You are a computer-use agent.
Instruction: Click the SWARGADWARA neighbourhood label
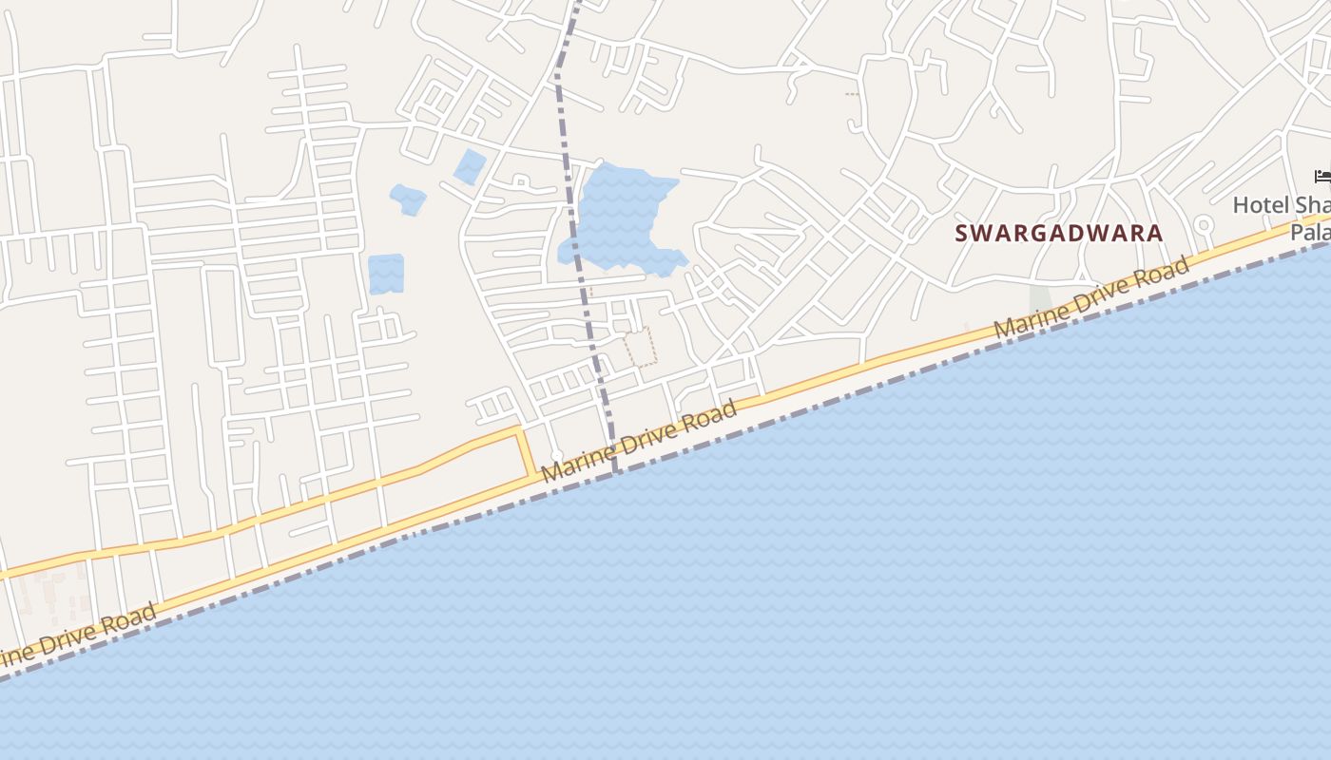pyautogui.click(x=1058, y=233)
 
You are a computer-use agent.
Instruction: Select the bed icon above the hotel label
pyautogui.click(x=1321, y=177)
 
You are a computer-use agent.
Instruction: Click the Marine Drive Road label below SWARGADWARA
pyautogui.click(x=1090, y=298)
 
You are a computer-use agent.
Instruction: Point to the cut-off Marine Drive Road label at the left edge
pyautogui.click(x=76, y=638)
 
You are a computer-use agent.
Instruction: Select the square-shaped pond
pyautogui.click(x=385, y=274)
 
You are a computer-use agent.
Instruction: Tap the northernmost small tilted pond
pyautogui.click(x=470, y=166)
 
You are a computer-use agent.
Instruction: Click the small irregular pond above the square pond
pyautogui.click(x=407, y=199)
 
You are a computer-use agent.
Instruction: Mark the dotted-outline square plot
pyautogui.click(x=641, y=347)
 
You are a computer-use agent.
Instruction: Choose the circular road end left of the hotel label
pyautogui.click(x=1204, y=226)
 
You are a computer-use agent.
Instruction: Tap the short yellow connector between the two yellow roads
pyautogui.click(x=524, y=453)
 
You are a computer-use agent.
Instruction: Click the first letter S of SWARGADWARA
pyautogui.click(x=961, y=233)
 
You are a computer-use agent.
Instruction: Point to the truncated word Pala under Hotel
pyautogui.click(x=1310, y=232)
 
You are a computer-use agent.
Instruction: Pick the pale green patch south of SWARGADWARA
pyautogui.click(x=1041, y=300)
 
